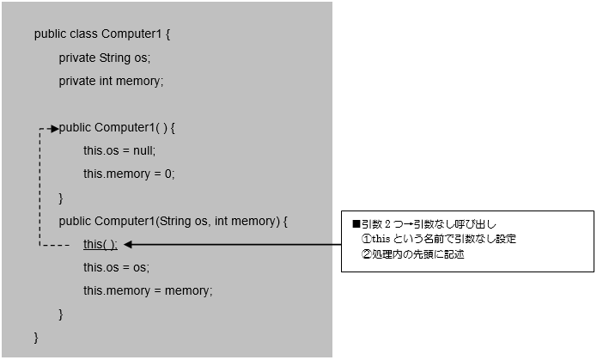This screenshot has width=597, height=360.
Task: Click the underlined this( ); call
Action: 100,244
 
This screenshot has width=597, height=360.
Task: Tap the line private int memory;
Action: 110,82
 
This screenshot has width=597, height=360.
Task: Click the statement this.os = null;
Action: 119,151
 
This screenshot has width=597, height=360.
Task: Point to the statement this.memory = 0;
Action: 128,174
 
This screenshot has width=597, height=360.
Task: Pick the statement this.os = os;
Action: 116,267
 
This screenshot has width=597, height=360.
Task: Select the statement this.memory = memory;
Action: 147,290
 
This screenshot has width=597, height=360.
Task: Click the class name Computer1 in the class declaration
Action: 130,35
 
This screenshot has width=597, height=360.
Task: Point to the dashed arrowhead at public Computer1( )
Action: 54,128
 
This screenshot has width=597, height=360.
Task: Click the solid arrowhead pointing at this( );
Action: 129,245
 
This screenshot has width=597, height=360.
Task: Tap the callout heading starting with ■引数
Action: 425,223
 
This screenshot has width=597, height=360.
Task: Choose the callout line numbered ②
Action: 412,254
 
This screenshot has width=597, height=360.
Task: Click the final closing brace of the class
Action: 36,336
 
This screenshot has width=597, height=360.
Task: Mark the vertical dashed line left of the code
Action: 40,187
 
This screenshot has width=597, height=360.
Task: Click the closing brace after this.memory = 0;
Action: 61,198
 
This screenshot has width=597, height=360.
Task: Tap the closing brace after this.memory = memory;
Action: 61,314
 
